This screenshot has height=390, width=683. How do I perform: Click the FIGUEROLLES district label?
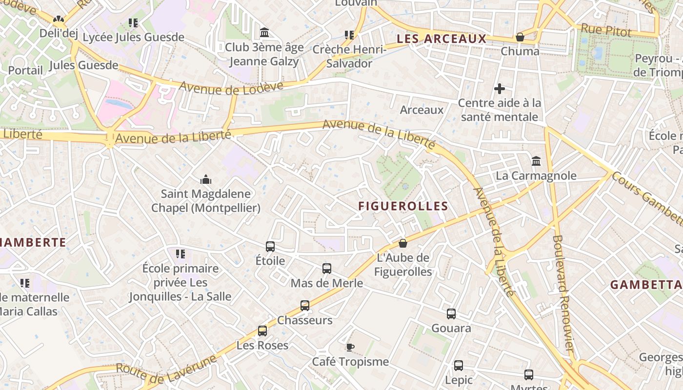(403, 206)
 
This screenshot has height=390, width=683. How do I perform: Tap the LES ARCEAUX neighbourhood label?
(442, 39)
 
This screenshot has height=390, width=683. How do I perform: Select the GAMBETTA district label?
(646, 285)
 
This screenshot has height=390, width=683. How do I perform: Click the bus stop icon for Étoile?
(270, 247)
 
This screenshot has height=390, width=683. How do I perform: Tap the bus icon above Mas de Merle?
(327, 269)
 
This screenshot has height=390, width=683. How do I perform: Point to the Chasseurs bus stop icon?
(305, 306)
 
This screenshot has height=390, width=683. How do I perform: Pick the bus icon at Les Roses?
(262, 331)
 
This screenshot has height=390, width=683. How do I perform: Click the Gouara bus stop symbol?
(451, 314)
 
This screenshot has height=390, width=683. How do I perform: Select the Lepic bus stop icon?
(459, 366)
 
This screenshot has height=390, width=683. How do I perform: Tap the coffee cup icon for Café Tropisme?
(350, 347)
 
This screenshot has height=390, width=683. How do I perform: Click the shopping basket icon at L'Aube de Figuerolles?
(403, 243)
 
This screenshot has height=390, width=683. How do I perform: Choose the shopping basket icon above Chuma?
(520, 37)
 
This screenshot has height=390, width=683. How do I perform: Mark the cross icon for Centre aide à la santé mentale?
(500, 89)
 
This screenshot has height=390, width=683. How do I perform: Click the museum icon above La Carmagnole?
(536, 161)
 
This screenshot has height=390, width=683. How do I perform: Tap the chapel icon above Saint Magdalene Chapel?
(206, 179)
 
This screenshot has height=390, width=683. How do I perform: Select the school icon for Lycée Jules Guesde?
(133, 22)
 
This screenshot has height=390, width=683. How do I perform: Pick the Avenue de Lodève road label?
(231, 86)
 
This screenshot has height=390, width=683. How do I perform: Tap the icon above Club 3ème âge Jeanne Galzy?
(264, 33)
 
